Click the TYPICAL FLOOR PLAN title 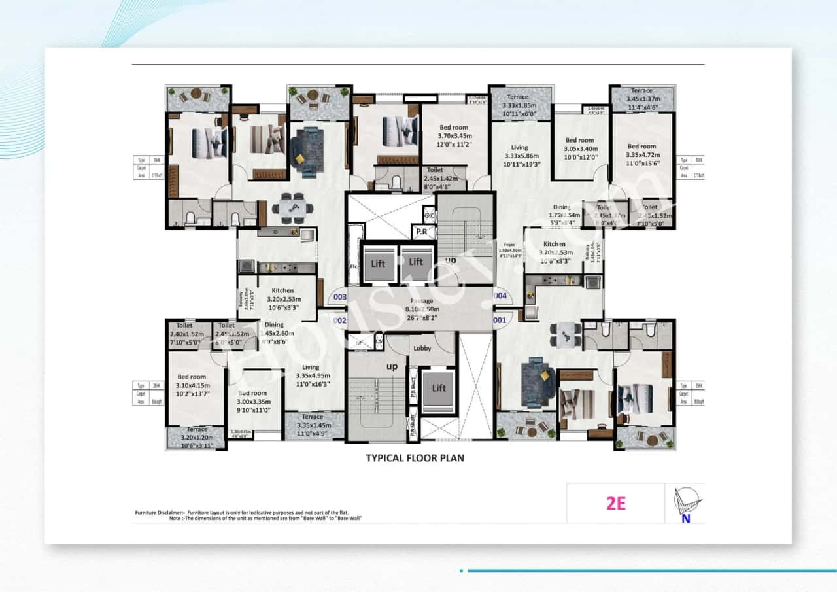(x=415, y=458)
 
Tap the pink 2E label (x=616, y=504)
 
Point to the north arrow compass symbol (x=685, y=504)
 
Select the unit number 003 (x=339, y=297)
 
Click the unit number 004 (x=500, y=296)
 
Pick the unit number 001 (x=500, y=321)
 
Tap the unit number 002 (x=339, y=321)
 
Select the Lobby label (x=422, y=349)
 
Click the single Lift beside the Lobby (x=439, y=388)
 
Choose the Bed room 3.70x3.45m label (x=454, y=137)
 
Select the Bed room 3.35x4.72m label (x=641, y=156)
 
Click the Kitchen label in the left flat (x=282, y=298)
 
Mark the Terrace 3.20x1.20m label (x=197, y=438)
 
